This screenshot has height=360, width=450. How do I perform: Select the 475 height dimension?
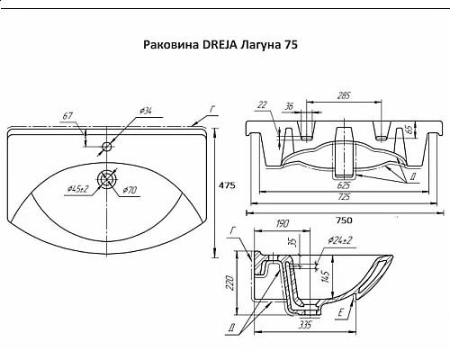[227, 185]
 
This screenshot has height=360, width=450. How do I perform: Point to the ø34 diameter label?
[147, 110]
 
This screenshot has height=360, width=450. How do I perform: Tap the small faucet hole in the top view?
[107, 146]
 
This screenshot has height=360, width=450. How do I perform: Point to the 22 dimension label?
[261, 106]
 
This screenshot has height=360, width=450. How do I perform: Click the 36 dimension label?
[290, 106]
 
